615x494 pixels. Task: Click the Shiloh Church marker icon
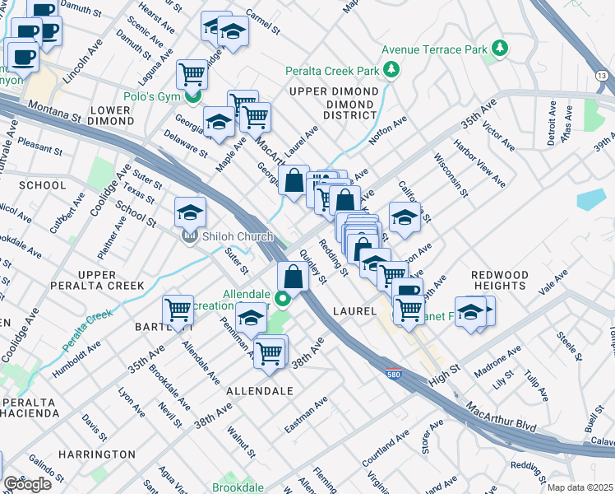[x=190, y=237]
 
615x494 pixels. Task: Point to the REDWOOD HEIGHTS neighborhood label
[x=499, y=279]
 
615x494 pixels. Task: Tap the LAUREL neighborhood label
[x=354, y=311]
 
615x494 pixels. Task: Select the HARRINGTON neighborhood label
[x=97, y=454]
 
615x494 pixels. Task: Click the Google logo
[x=27, y=483]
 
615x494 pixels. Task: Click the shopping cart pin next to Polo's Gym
[x=192, y=74]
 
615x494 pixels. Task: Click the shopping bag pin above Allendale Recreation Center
[x=293, y=276]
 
